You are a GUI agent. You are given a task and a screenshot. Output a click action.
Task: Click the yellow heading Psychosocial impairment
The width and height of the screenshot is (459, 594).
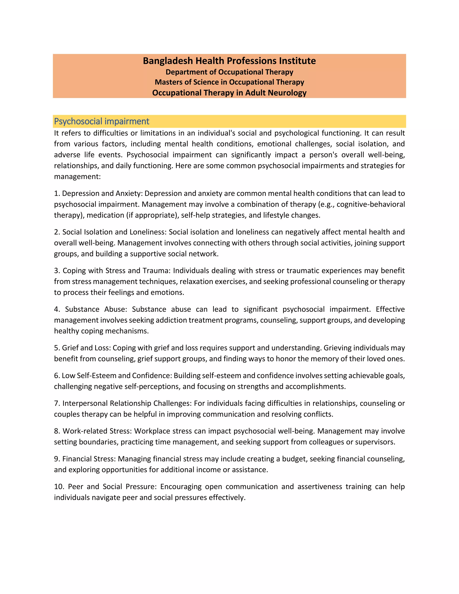[102, 121]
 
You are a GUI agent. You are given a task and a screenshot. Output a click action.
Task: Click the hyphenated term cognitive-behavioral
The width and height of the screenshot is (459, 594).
[371, 204]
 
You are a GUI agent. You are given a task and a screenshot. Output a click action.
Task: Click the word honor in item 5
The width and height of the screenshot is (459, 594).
[286, 359]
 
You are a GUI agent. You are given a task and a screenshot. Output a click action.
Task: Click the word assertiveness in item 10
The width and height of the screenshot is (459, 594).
[320, 487]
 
